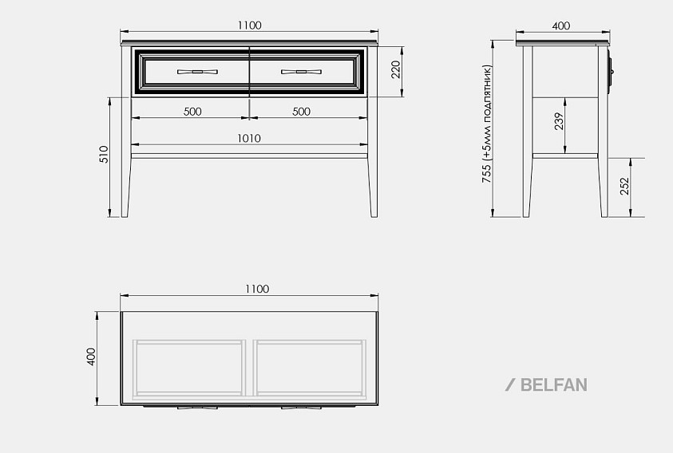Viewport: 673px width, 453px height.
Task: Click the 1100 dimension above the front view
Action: point(249,26)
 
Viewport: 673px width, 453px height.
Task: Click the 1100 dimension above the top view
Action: point(257,289)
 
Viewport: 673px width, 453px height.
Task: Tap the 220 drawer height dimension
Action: point(395,69)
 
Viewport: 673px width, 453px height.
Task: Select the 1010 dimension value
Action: point(249,138)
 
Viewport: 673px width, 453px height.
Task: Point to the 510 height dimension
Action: point(104,155)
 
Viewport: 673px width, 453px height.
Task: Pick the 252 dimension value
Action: point(624,186)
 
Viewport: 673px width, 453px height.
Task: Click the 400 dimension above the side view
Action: point(561,26)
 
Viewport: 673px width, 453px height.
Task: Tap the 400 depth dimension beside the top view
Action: point(91,356)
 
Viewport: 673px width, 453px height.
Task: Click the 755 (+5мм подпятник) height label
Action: point(487,124)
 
